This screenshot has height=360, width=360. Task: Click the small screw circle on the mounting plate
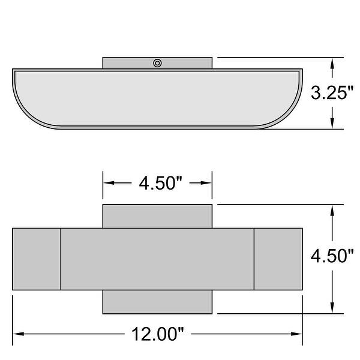click(x=157, y=62)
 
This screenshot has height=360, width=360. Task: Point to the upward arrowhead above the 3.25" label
click(x=331, y=62)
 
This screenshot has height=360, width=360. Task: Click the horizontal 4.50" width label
click(x=157, y=183)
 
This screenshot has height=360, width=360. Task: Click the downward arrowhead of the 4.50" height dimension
click(x=331, y=308)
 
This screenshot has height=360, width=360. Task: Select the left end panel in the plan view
click(x=37, y=259)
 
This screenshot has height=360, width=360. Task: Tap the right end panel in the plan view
click(x=278, y=259)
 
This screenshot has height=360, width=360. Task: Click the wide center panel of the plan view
click(x=157, y=259)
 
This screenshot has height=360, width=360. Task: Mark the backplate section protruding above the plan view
click(x=157, y=216)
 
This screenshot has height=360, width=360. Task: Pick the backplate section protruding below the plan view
click(x=157, y=302)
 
